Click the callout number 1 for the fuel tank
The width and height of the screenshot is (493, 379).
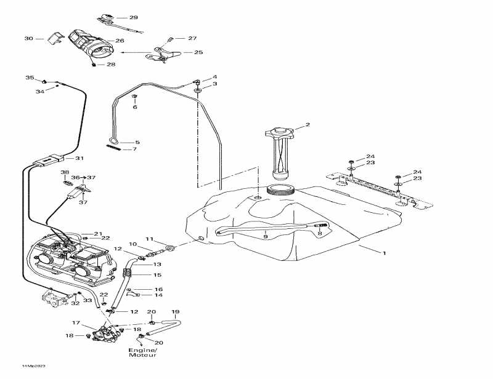coord(385,253)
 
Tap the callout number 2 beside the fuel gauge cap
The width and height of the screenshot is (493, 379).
coord(308,125)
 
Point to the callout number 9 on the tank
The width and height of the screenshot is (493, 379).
coord(266,236)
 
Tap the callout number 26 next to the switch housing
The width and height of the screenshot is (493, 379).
coord(120,41)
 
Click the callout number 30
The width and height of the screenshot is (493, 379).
coord(28,39)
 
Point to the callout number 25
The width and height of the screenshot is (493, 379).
coord(198,53)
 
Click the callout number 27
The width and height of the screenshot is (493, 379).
coord(192,38)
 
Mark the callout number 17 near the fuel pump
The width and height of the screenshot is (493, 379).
coord(76,322)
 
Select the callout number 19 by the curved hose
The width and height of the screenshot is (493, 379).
coord(175,312)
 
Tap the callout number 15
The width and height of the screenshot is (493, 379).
coord(157,275)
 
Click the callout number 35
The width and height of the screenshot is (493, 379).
coord(29,78)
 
